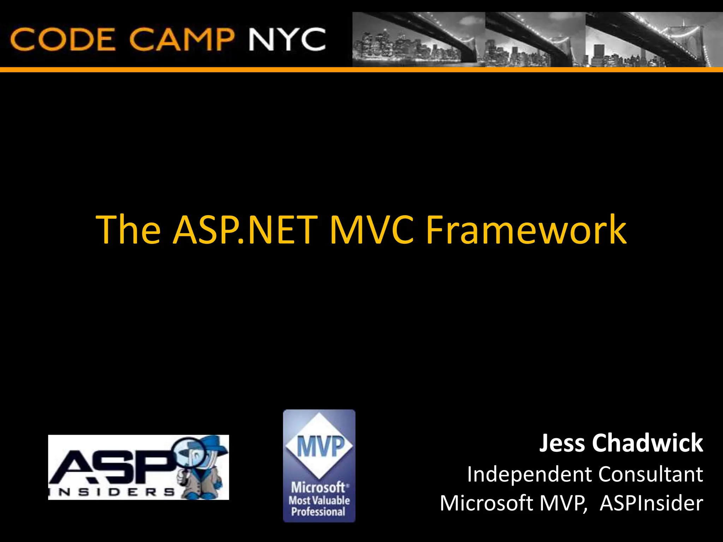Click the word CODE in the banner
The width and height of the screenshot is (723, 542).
pyautogui.click(x=63, y=39)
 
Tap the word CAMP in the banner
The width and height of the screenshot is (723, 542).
pyautogui.click(x=181, y=39)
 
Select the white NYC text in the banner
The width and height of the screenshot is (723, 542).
pyautogui.click(x=287, y=39)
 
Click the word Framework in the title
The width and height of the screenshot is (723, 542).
pyautogui.click(x=526, y=230)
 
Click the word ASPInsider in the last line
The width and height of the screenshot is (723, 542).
pyautogui.click(x=651, y=503)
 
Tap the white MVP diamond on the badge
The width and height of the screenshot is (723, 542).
pyautogui.click(x=319, y=446)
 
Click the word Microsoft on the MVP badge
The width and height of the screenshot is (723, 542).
pyautogui.click(x=318, y=488)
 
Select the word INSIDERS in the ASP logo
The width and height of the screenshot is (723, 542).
pyautogui.click(x=112, y=492)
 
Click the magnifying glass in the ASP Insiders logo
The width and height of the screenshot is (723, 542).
pyautogui.click(x=192, y=455)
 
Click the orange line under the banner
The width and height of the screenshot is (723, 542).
pyautogui.click(x=361, y=70)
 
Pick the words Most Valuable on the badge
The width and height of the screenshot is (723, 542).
pyautogui.click(x=319, y=500)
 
